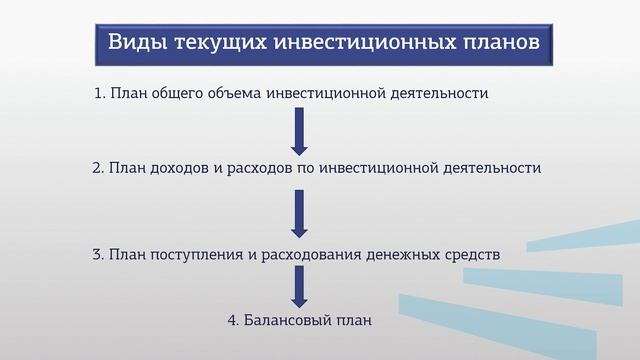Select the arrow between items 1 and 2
(x=298, y=128)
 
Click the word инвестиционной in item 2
(x=379, y=168)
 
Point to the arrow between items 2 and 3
(x=298, y=210)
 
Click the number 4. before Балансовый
(x=234, y=322)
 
